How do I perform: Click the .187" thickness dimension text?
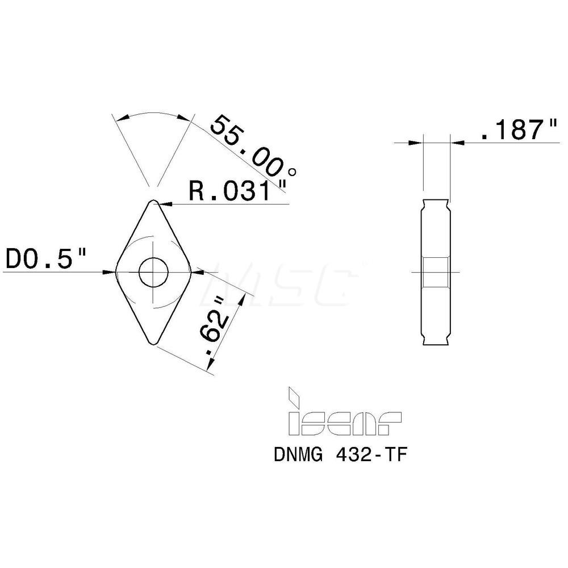coord(517,131)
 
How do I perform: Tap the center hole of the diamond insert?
coord(153,272)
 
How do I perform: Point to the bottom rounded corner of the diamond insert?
coord(153,343)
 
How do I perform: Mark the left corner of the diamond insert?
coord(117,272)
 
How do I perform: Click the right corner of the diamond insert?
coord(190,272)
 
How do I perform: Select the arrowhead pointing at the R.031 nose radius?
coord(165,203)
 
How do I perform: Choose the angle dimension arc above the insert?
coord(152,112)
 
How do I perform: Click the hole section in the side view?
coord(436,273)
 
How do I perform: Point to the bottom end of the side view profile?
coord(436,343)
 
